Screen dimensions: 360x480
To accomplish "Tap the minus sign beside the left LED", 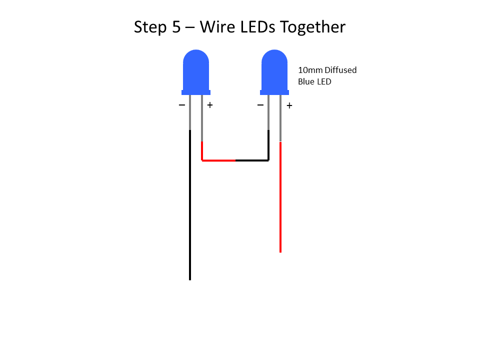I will pyautogui.click(x=182, y=105).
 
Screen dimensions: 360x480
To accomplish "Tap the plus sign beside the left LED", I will pyautogui.click(x=210, y=105).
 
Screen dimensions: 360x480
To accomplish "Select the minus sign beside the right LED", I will pyautogui.click(x=260, y=105).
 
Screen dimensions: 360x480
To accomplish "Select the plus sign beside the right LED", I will pyautogui.click(x=289, y=105).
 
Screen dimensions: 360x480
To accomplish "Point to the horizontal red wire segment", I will pyautogui.click(x=218, y=160).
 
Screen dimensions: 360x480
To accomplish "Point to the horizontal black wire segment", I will pyautogui.click(x=252, y=160).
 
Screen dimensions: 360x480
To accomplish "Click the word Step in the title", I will pyautogui.click(x=150, y=27).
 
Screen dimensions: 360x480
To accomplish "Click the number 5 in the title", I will pyautogui.click(x=176, y=27).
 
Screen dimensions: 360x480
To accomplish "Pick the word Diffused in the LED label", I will pyautogui.click(x=340, y=70).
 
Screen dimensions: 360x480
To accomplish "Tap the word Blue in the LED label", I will pyautogui.click(x=306, y=81).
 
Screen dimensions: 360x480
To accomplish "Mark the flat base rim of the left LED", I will pyautogui.click(x=196, y=92).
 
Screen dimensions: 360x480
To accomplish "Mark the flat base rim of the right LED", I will pyautogui.click(x=274, y=92).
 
